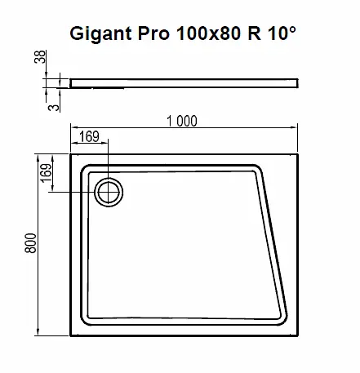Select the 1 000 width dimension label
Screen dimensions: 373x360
(181, 121)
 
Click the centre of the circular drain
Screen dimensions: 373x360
(108, 193)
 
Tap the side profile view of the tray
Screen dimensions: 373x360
(184, 82)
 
